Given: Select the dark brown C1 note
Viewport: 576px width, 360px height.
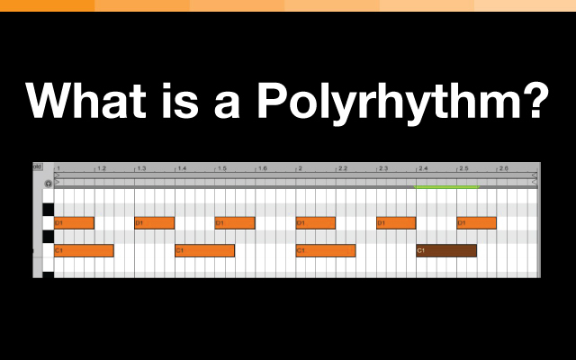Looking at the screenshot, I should pyautogui.click(x=446, y=250).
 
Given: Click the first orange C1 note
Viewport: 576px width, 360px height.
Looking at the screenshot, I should pyautogui.click(x=84, y=250).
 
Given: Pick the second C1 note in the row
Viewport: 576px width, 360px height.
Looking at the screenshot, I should pyautogui.click(x=204, y=250).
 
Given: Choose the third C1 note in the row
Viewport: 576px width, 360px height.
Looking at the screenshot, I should pyautogui.click(x=326, y=250).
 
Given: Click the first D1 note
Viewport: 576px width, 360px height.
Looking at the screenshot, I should pyautogui.click(x=74, y=222).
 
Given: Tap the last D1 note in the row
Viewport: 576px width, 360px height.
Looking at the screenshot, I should pyautogui.click(x=476, y=222).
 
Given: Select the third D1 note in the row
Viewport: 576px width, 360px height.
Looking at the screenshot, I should pyautogui.click(x=234, y=222).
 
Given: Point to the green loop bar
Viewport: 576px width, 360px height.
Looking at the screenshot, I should pyautogui.click(x=446, y=187).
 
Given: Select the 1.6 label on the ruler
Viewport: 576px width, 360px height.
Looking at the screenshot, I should pyautogui.click(x=262, y=169).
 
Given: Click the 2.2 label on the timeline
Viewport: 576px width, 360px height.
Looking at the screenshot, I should pyautogui.click(x=342, y=169).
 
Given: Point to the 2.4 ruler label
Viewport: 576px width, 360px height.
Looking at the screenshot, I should pyautogui.click(x=422, y=169).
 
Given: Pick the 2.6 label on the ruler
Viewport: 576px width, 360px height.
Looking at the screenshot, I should pyautogui.click(x=503, y=169).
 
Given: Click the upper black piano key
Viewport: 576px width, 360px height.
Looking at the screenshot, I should pyautogui.click(x=48, y=210).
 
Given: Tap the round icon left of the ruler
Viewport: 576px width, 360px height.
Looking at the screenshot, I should pyautogui.click(x=48, y=183).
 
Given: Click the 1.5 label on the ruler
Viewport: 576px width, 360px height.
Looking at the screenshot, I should pyautogui.click(x=221, y=169).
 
